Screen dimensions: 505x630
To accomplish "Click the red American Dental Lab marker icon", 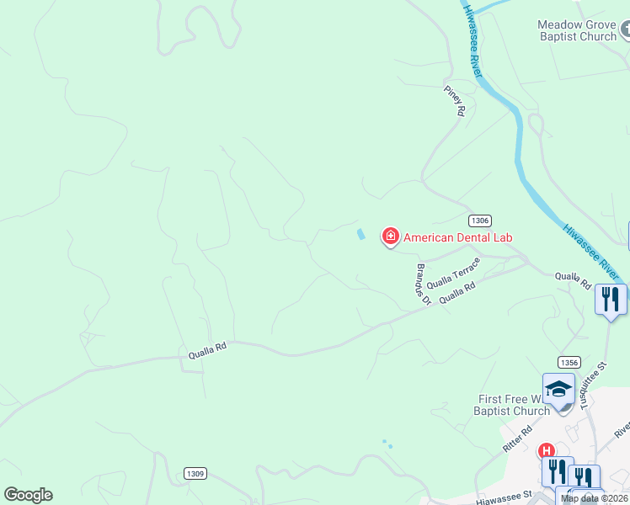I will coord(390,237).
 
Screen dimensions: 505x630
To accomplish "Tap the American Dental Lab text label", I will coord(457,237).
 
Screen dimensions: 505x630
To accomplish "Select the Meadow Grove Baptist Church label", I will coord(577,30).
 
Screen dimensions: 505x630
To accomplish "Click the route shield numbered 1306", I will coord(479,220).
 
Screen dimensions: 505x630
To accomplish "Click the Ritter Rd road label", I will coord(517,439).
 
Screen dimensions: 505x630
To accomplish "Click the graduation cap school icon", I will coord(558,389).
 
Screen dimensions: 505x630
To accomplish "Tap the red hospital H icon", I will coord(547,450).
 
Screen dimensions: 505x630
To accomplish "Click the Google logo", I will coord(28,495).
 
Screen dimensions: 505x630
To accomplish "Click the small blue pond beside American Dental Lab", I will coord(361,234).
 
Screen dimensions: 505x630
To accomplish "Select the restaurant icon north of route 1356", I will coord(611,300).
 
